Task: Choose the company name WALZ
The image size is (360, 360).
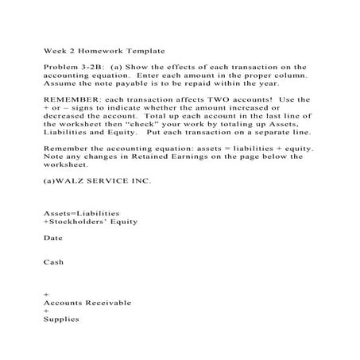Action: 72,180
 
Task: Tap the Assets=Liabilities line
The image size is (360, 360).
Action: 81,214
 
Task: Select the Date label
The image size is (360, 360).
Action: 53,238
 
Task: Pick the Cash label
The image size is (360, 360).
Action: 54,261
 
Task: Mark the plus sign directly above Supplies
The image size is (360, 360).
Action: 45,311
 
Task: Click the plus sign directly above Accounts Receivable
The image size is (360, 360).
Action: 45,295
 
